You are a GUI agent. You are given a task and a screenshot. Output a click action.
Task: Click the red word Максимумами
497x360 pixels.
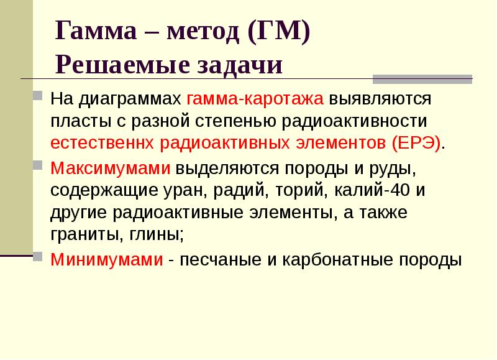tap(111, 168)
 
